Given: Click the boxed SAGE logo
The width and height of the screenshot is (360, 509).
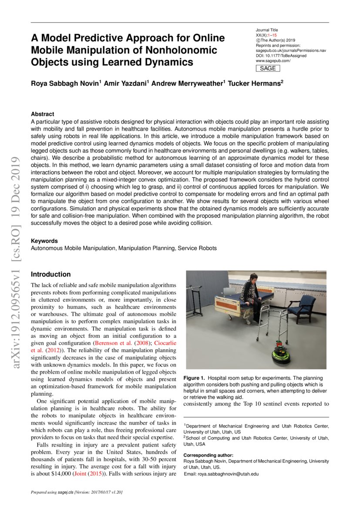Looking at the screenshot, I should [x=268, y=68].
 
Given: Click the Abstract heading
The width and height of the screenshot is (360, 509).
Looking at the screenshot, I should [x=42, y=114].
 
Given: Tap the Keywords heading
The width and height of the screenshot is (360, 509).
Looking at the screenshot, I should [x=44, y=241].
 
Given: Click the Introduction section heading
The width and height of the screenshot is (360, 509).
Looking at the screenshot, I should [x=50, y=274].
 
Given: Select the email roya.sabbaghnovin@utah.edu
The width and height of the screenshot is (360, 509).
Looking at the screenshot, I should [x=221, y=474].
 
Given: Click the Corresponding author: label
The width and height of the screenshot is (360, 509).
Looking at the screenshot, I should [x=208, y=455].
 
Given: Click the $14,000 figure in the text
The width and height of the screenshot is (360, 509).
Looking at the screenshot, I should [x=62, y=474].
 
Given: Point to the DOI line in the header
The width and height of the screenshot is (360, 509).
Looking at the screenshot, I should [x=281, y=56].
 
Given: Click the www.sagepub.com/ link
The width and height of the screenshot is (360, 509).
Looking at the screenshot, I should [x=273, y=61].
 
